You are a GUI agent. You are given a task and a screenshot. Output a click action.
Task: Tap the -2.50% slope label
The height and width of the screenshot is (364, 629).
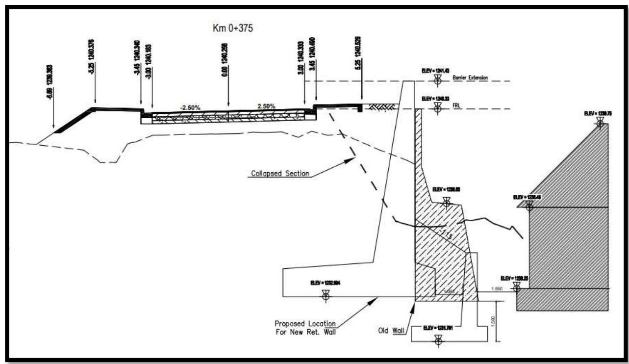pyautogui.click(x=189, y=106)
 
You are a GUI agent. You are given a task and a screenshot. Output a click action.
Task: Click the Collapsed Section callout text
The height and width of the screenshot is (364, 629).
pyautogui.click(x=280, y=173)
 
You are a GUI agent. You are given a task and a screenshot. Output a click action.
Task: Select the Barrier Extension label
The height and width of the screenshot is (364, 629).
pyautogui.click(x=470, y=78)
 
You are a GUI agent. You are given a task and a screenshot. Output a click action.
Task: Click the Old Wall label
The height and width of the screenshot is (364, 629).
pyautogui.click(x=393, y=331)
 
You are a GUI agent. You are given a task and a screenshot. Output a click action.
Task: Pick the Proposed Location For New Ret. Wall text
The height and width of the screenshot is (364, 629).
pyautogui.click(x=305, y=328)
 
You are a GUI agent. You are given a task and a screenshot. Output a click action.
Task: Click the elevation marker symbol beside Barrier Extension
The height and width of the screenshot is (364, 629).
pyautogui.click(x=437, y=79)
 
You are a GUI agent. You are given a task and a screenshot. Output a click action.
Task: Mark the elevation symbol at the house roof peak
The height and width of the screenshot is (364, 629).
pyautogui.click(x=599, y=123)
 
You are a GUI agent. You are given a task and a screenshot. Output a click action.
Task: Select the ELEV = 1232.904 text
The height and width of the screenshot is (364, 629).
pyautogui.click(x=325, y=283)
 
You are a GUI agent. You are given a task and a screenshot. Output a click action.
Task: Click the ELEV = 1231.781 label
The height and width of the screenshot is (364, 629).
pyautogui.click(x=438, y=327)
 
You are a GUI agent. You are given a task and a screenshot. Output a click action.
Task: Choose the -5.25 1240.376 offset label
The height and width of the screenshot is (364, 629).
pyautogui.click(x=91, y=57)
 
